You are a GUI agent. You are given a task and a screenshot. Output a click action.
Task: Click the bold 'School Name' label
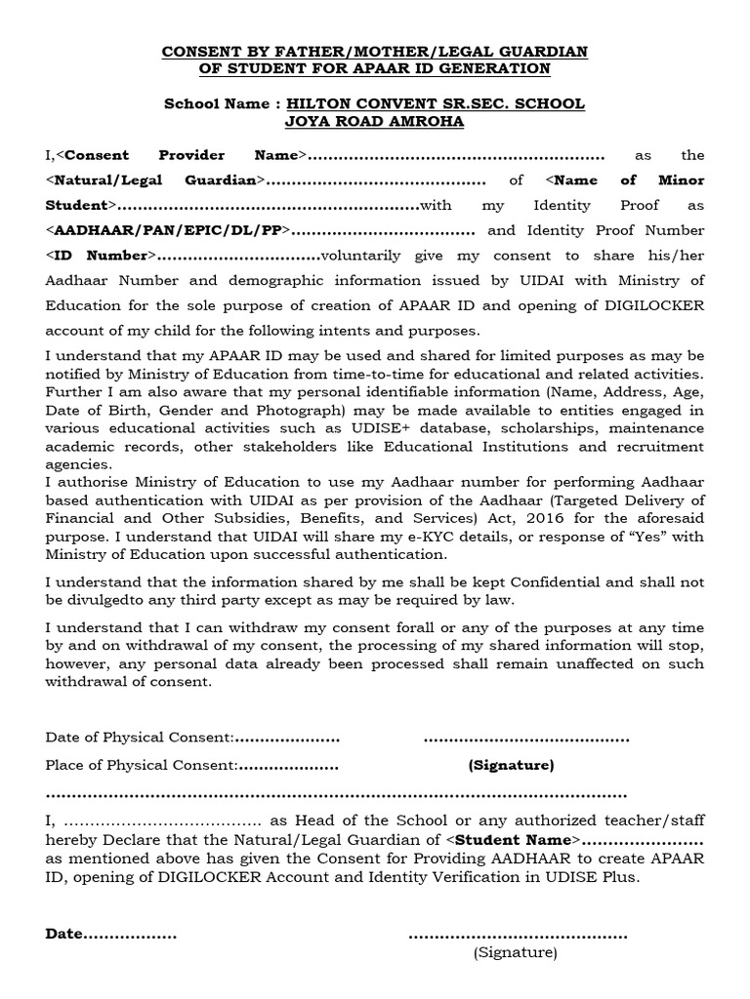tap(215, 103)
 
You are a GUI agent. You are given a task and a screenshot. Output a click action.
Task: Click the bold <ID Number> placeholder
tap(101, 256)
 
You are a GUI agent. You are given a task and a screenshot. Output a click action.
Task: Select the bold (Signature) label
tap(511, 765)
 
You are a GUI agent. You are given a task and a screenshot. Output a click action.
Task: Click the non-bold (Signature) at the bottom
tap(516, 951)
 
